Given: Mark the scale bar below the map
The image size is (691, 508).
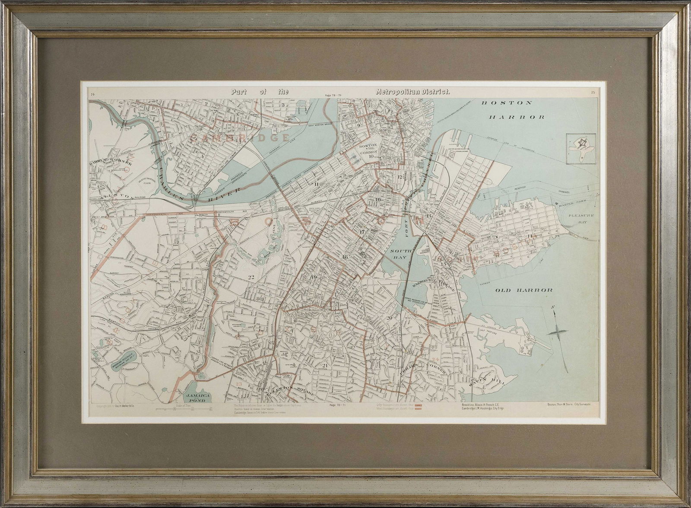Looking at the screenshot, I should [x=177, y=409].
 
